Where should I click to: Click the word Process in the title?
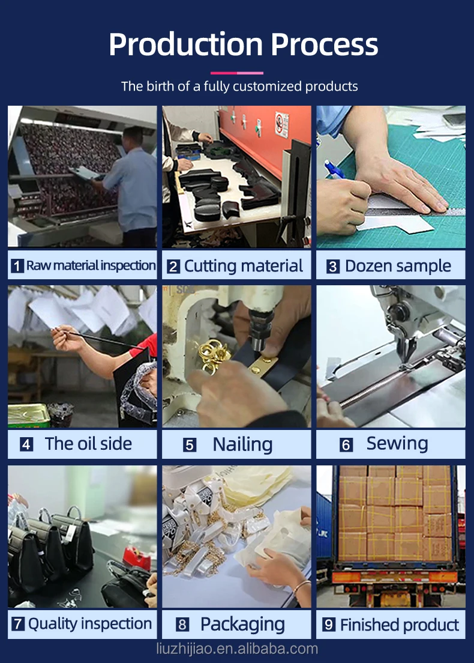tap(325, 44)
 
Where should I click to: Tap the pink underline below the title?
tap(236, 73)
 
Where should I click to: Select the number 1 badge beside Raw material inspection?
tap(17, 266)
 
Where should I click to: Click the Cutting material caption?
tap(244, 266)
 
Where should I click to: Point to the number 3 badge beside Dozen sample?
tap(333, 267)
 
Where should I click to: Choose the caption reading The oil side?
tap(88, 444)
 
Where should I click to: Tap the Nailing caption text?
tap(242, 444)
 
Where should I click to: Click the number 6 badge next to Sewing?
tap(346, 444)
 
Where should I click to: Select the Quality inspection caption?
tap(90, 624)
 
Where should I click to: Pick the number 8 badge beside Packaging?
tap(182, 625)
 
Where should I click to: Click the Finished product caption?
tap(399, 625)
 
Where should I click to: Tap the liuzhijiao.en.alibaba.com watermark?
tap(237, 648)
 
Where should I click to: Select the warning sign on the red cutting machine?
tap(282, 125)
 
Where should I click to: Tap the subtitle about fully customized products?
tap(239, 86)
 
